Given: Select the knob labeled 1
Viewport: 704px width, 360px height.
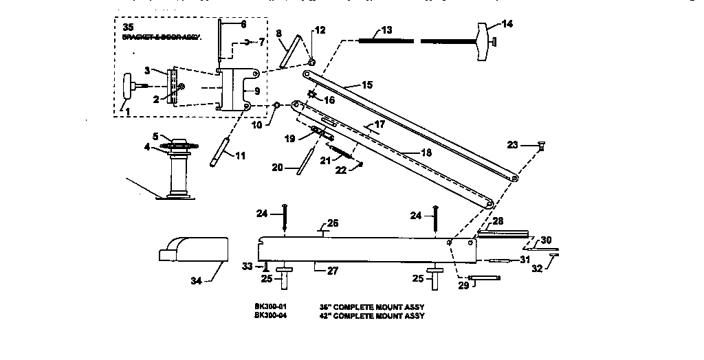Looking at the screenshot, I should coord(131,87).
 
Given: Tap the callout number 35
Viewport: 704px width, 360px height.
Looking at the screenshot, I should coord(128,27).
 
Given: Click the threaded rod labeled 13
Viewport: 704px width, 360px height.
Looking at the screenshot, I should coord(385,41).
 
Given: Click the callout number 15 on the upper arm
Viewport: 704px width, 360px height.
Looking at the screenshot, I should coord(366,85).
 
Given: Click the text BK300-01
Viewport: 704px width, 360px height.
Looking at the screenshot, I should coord(269,306).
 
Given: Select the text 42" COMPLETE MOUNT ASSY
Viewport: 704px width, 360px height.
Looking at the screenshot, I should coord(372,316).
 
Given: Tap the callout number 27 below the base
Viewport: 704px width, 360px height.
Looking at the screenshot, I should coord(333,271).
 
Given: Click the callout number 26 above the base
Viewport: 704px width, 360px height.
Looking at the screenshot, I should coord(333,223).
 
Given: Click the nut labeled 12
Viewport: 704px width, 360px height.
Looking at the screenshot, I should coord(312,63).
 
